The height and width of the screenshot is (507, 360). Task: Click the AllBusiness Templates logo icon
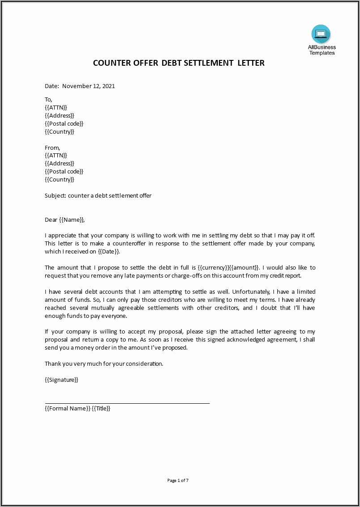[x=321, y=34]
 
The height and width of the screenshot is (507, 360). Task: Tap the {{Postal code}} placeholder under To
[x=64, y=123]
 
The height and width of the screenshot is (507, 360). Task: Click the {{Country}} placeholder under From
[x=59, y=180]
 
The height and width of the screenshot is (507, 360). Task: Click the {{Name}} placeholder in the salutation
[x=72, y=220]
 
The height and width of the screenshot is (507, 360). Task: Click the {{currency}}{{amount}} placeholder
[x=229, y=267]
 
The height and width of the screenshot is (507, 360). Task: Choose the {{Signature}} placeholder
[x=61, y=380]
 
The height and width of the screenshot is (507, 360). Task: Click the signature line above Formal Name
[x=127, y=403]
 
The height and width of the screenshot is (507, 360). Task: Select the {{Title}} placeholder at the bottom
[x=101, y=408]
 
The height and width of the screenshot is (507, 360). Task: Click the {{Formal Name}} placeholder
[x=68, y=408]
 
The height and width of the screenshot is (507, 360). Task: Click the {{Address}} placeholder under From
[x=59, y=164]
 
